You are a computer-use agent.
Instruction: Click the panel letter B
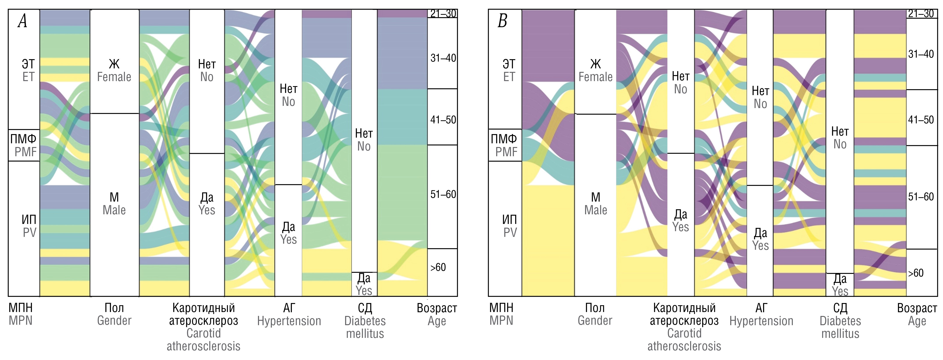pos(502,21)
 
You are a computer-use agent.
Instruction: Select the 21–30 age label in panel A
pos(443,14)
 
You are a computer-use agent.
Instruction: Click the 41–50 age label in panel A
pos(443,120)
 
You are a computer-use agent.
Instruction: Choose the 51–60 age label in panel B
pos(921,197)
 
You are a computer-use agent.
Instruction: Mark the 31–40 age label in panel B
pos(921,54)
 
